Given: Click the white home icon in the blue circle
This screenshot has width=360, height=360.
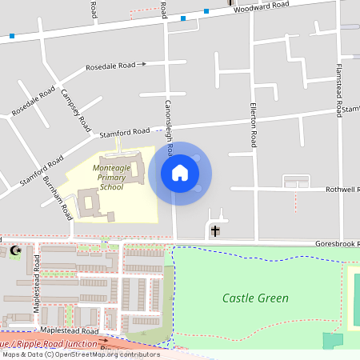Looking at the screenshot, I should pos(180,173).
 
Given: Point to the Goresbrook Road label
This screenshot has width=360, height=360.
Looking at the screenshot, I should pos(337,242).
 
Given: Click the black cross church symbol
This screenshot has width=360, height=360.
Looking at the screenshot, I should pos(214,231).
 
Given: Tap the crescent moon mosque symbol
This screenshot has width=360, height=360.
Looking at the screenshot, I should pos(14,251).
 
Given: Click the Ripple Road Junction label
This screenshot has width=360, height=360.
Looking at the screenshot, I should pos(48,342).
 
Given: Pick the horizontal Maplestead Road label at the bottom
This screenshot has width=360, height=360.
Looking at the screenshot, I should pos(70,330).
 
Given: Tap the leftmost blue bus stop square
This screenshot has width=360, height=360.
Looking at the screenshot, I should pos(12,36).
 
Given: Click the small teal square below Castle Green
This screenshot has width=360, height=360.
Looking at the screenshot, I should pos(331,340).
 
